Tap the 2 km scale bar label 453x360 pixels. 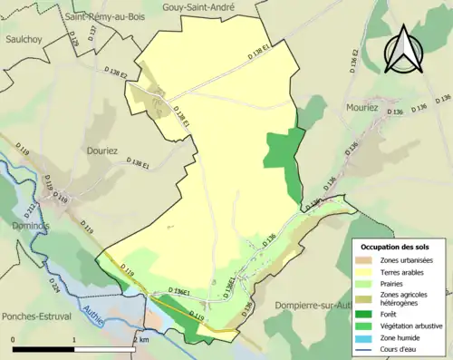point(138,339)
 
